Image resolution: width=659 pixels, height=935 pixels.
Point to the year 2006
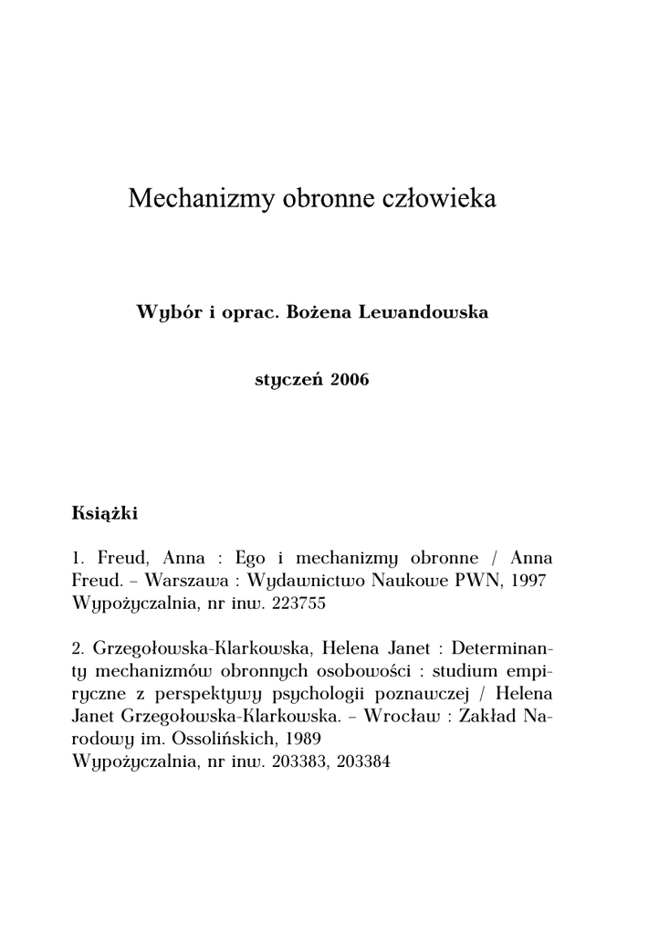pos(350,380)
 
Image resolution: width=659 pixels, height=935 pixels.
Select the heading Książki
pos(104,512)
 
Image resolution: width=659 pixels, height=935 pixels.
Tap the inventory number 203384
pos(363,762)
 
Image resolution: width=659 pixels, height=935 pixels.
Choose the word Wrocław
pos(400,717)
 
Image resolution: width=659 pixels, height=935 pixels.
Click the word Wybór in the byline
pos(168,313)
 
